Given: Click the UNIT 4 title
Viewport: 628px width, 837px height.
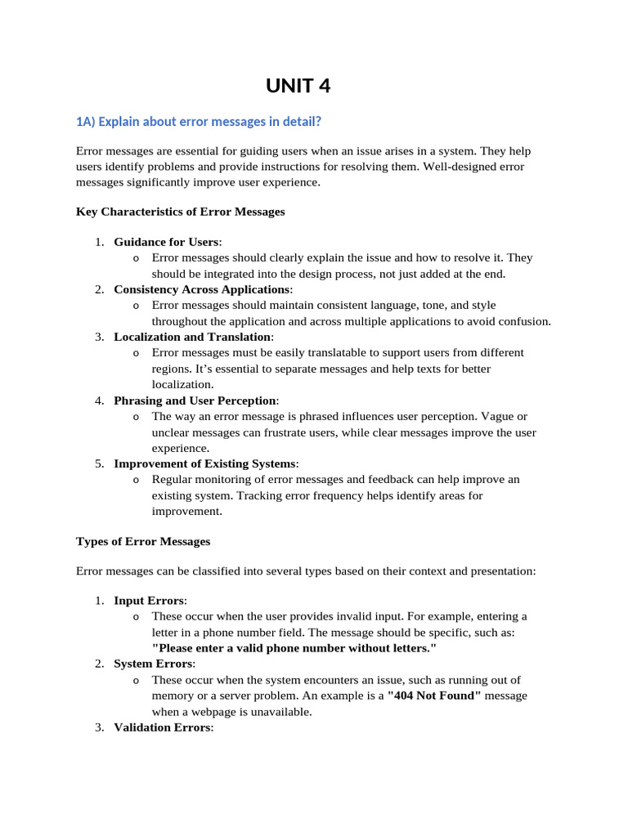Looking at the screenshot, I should pos(298,86).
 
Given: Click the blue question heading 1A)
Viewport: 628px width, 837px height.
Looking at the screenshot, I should pos(199,122).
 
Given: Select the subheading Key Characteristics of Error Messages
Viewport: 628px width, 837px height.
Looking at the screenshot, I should pos(180,212).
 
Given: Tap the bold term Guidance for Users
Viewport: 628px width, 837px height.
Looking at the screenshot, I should pos(167,242).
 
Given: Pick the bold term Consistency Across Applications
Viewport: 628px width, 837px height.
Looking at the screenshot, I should pos(202,289).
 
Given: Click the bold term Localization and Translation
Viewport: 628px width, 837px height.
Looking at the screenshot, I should pos(192,337).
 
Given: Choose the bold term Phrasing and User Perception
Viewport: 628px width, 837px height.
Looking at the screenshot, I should pos(195,401).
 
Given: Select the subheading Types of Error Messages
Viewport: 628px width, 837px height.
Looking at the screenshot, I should pos(143,541).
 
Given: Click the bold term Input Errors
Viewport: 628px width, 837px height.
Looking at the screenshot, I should pos(150,601).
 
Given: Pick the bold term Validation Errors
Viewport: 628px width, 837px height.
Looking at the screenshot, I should pos(162,727).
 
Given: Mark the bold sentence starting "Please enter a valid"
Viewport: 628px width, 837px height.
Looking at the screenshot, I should pos(294,647).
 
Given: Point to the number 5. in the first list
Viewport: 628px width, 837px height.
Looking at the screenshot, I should pos(99,463).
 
